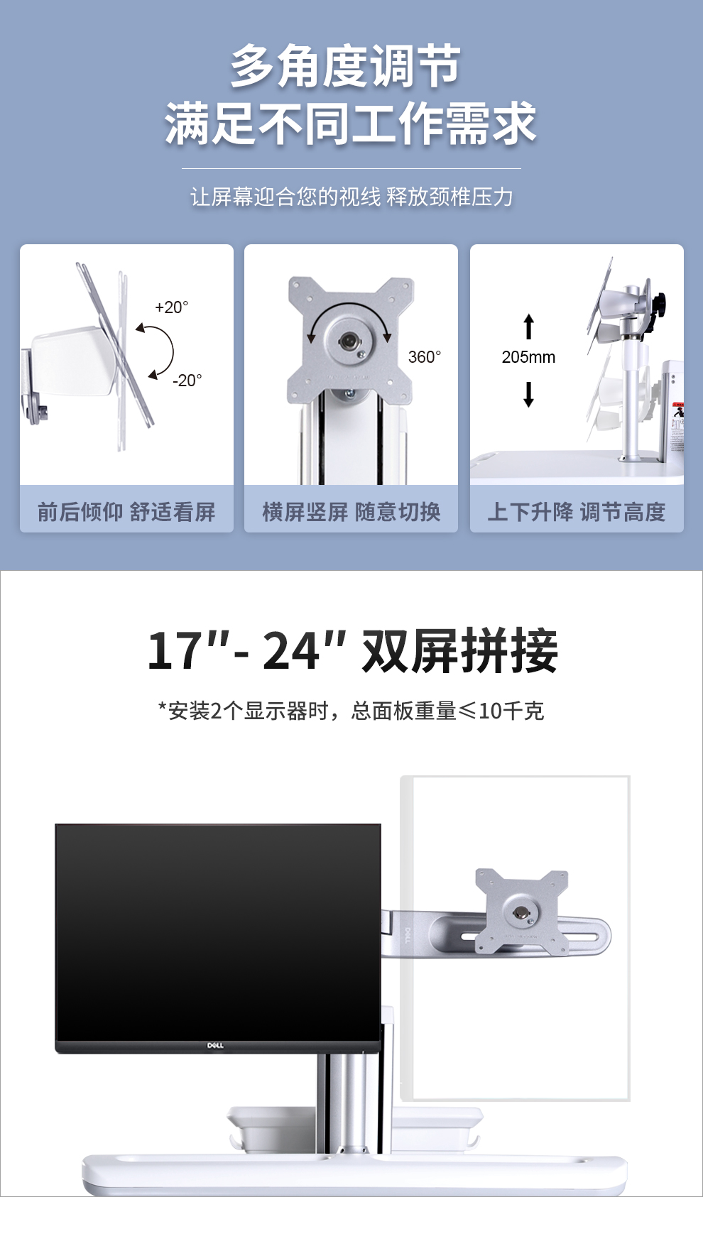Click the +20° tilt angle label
(172, 307)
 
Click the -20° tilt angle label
(187, 381)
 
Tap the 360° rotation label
(425, 357)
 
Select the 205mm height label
(528, 357)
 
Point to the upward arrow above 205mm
(528, 327)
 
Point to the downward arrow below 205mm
(528, 394)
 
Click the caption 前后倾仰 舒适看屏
(126, 512)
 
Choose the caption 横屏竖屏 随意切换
(351, 512)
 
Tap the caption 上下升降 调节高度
(577, 512)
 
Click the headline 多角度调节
(346, 67)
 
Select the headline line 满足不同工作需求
(351, 124)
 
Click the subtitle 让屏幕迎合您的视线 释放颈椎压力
(351, 197)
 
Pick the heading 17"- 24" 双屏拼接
(352, 650)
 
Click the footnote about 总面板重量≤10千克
(351, 711)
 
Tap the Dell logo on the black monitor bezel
(215, 1046)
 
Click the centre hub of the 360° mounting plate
(349, 340)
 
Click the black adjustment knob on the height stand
(660, 305)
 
